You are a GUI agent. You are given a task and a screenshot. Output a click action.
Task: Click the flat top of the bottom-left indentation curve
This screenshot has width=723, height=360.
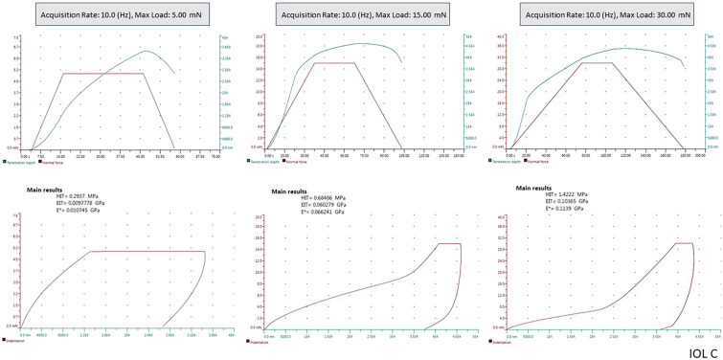(144, 252)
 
